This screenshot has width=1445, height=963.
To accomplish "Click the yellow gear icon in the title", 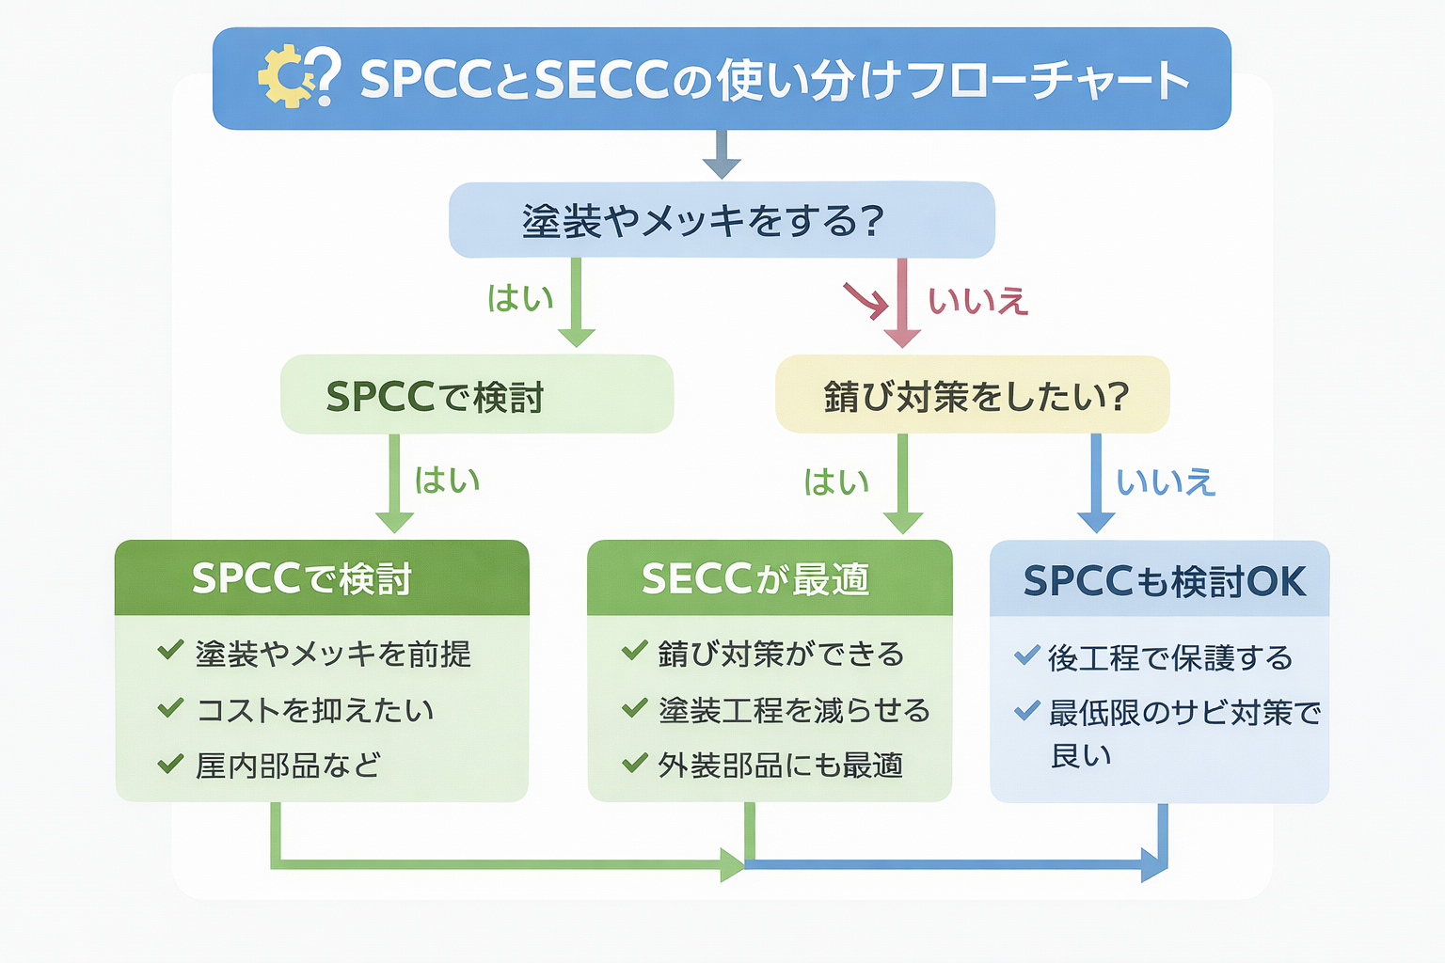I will coord(285,77).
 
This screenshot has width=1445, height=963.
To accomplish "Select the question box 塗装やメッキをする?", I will coord(722,220).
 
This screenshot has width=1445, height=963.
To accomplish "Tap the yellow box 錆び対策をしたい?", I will coord(972,395).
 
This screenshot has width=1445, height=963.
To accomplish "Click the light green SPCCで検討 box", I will coord(477,395).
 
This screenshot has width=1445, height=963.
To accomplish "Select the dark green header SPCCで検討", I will coord(322,578).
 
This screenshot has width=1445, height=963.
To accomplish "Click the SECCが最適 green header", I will coord(770,578).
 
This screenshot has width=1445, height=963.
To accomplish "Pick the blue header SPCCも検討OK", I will coord(1160,580).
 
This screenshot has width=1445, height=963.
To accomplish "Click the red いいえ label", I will coord(977,302).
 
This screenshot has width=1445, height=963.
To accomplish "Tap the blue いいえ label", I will coord(1166,482).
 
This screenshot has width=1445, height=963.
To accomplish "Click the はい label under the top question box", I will coord(520,298).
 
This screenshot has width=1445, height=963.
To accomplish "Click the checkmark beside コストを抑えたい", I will coord(170,707).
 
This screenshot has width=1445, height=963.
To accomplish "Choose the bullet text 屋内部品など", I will coord(288,766).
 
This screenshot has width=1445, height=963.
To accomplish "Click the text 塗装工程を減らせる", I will coord(794,710).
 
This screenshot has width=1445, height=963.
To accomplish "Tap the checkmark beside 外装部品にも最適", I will coord(635,762).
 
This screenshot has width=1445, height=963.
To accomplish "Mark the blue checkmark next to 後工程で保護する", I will coord(1026,655).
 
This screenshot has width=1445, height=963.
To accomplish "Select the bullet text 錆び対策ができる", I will coord(781,654).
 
